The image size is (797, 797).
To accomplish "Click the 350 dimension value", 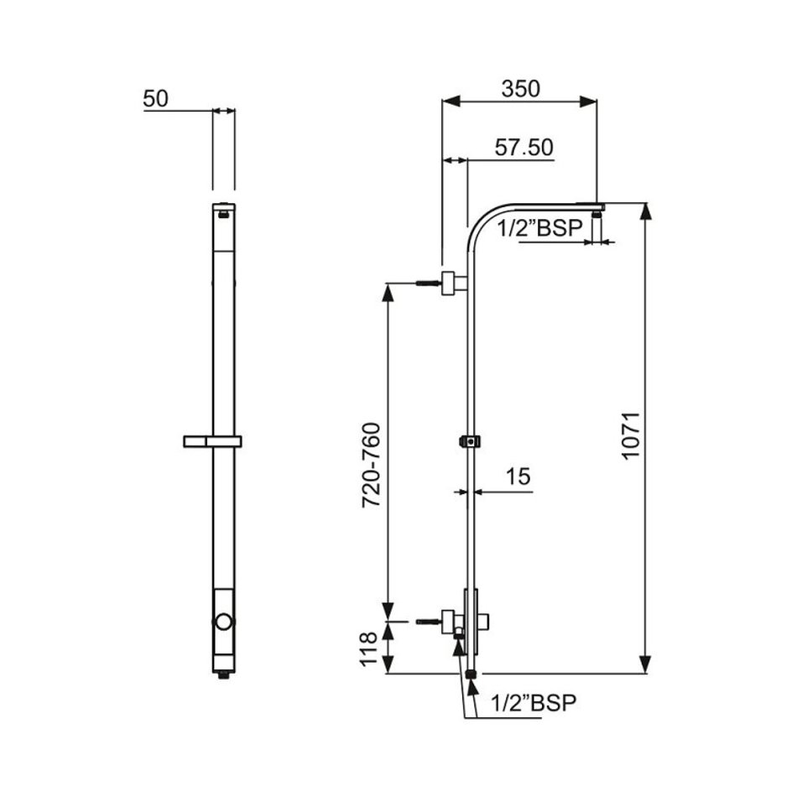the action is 520,89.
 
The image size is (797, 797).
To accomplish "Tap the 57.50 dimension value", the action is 524,148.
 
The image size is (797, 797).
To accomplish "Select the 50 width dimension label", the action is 155,99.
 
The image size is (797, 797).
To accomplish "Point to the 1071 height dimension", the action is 630,435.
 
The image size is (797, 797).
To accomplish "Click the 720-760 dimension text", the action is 371,465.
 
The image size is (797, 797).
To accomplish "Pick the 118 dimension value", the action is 368,649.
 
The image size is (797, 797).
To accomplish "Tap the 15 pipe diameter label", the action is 518,477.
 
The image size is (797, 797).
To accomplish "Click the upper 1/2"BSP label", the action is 539,228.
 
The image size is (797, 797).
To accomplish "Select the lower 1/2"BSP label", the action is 534,703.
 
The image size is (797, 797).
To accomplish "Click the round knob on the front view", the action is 224,622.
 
